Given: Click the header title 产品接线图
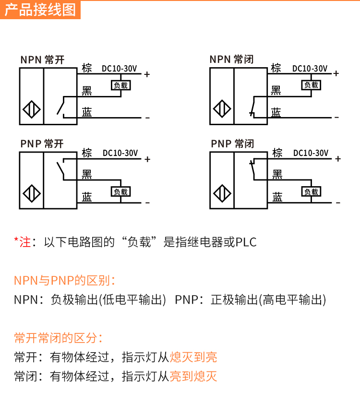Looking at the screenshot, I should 40,10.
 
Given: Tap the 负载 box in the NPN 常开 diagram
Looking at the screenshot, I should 120,85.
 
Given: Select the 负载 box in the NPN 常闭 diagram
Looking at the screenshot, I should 311,85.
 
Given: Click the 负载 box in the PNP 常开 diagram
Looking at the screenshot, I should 120,191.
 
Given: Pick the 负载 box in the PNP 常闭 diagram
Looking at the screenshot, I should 311,191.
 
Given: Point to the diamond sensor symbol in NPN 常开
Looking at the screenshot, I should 31,110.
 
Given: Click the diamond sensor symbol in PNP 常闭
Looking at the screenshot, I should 222,193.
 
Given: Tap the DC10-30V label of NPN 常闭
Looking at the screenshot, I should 310,69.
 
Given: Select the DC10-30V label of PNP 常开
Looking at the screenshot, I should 120,154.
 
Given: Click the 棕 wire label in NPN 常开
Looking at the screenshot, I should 87,68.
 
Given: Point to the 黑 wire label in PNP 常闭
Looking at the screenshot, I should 277,174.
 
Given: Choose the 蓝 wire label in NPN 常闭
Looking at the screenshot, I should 276,112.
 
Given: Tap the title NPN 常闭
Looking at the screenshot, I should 231,59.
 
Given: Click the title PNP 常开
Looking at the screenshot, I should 42,144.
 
